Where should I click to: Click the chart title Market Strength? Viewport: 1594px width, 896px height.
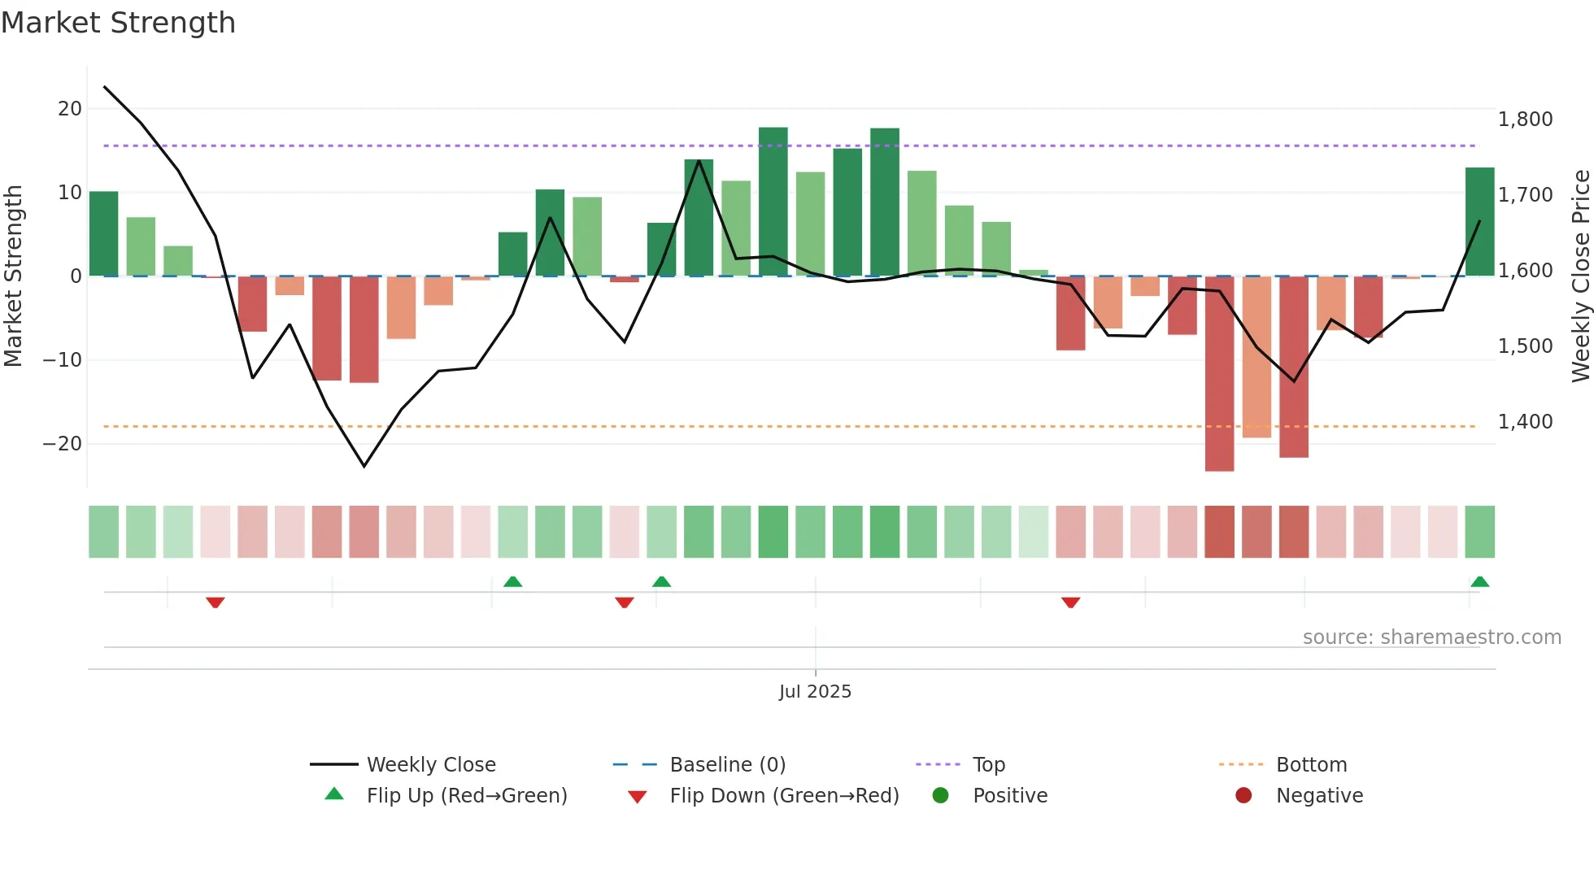(119, 23)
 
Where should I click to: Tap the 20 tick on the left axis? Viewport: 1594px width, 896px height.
(70, 109)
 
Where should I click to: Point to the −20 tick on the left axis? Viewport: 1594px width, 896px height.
(63, 444)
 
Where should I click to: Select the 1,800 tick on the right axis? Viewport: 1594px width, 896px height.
(1525, 120)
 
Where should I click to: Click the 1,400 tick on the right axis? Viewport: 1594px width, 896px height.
(1525, 422)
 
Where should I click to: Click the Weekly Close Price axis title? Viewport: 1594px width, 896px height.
(1580, 276)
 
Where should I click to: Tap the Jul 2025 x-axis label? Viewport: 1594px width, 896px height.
(815, 692)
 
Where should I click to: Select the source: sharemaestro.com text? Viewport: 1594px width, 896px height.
(1431, 637)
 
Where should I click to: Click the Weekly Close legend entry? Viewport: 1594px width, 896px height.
(430, 765)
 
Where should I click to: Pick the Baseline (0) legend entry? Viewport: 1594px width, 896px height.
(727, 765)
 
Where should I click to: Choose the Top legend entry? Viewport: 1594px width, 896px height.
(988, 765)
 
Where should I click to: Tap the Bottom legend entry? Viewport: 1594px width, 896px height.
(1311, 765)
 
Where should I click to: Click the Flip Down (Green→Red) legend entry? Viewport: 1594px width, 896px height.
(783, 796)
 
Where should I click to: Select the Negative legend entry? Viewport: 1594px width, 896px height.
(1318, 796)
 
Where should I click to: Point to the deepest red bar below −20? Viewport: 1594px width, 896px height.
(1219, 374)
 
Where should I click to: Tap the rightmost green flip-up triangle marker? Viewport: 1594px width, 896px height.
(1479, 582)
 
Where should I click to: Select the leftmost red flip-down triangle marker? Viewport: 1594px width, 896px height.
(216, 602)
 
